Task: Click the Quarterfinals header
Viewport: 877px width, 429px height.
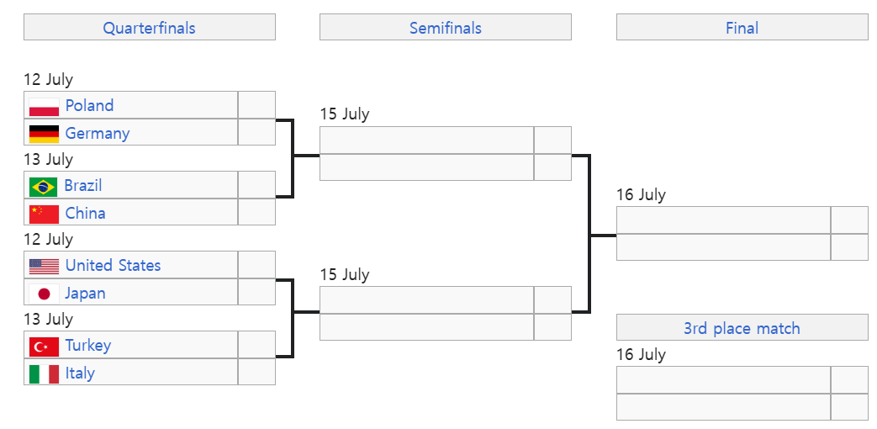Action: (x=149, y=28)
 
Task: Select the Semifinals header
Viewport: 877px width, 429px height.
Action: (x=445, y=28)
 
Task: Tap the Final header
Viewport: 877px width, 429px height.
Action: (x=742, y=28)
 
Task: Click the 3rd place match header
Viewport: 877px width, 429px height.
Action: (x=742, y=328)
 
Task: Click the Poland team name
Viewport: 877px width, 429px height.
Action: (x=89, y=105)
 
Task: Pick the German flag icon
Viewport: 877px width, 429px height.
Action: (x=44, y=133)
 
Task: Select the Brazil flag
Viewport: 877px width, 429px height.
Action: (x=44, y=185)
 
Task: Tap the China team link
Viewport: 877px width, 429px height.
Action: (x=85, y=213)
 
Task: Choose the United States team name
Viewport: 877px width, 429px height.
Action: (x=113, y=265)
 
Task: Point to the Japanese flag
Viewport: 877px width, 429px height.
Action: (x=44, y=293)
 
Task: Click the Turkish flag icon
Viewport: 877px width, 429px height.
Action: (x=44, y=345)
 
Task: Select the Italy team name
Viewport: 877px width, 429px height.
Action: (x=80, y=373)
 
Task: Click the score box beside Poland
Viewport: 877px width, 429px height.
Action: (x=256, y=105)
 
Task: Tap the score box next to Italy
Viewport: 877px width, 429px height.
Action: (x=256, y=373)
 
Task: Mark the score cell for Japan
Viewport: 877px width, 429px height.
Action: (x=256, y=293)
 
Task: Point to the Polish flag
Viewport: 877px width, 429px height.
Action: (x=44, y=106)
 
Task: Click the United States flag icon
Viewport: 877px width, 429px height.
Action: (x=44, y=266)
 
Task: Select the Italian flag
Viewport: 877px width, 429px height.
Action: (x=44, y=373)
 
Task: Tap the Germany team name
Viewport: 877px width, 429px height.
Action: (x=98, y=133)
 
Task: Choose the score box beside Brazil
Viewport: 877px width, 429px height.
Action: (x=256, y=185)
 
